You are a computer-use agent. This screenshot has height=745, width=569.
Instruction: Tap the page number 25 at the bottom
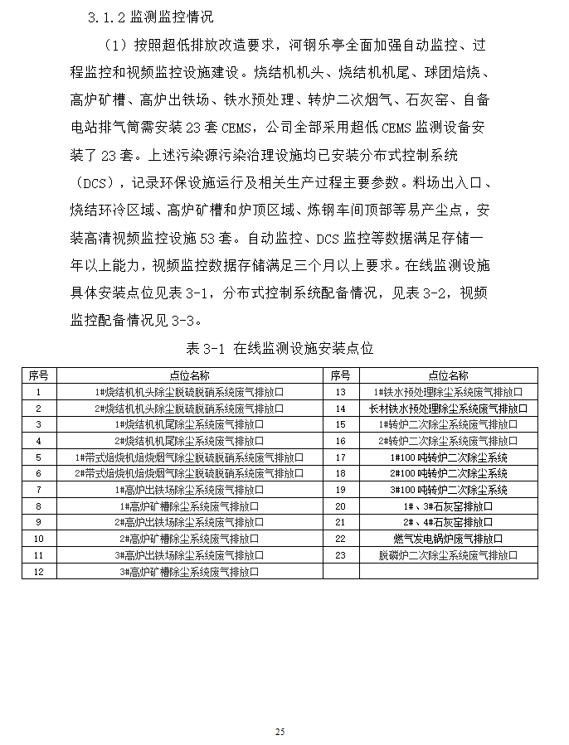(280, 732)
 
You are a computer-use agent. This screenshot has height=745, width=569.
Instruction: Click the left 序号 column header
(39, 375)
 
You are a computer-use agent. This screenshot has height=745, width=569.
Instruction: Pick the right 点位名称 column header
(448, 375)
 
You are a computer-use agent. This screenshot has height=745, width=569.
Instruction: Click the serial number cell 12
(39, 572)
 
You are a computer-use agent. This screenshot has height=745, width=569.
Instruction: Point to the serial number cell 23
(339, 555)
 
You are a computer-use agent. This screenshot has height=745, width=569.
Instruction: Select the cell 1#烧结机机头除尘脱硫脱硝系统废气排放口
(189, 392)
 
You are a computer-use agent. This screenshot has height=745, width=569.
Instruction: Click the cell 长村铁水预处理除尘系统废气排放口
(448, 409)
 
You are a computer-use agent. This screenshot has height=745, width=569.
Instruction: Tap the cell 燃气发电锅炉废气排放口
(448, 539)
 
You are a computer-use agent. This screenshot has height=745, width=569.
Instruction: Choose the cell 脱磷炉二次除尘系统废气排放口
(448, 555)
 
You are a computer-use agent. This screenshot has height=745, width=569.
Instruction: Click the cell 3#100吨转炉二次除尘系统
(448, 490)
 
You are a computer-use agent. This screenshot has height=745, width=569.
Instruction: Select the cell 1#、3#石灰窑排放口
(448, 506)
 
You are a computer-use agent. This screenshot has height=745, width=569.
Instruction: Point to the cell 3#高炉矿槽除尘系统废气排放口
(189, 572)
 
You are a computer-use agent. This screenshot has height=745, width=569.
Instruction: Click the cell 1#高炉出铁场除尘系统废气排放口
(189, 490)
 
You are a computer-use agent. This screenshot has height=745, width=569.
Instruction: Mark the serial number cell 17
(339, 457)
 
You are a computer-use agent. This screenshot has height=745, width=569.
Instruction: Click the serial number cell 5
(39, 457)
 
